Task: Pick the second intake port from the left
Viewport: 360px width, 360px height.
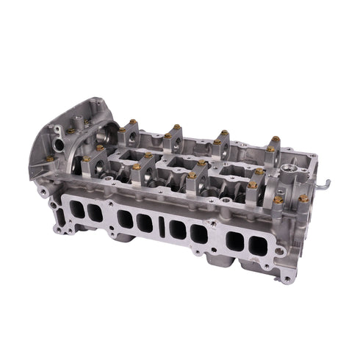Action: [x=95, y=212]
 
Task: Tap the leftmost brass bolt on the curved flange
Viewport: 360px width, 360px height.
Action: [x=49, y=158]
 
